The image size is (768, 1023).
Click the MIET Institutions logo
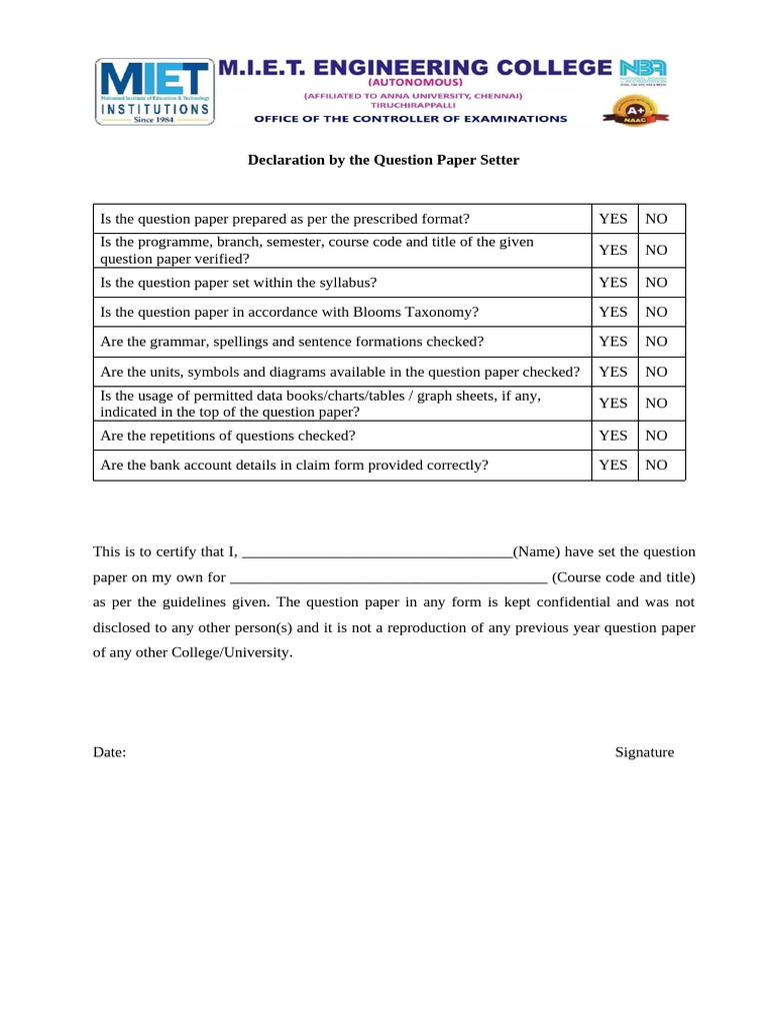click(x=155, y=91)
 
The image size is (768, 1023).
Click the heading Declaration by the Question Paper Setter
click(x=384, y=160)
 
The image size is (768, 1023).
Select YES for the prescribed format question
click(x=613, y=219)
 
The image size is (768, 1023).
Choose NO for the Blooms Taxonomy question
click(x=656, y=312)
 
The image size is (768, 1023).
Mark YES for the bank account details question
click(x=613, y=465)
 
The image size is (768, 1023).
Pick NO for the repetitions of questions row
click(x=656, y=435)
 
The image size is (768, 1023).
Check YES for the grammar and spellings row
click(x=613, y=342)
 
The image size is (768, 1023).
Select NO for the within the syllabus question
click(x=656, y=283)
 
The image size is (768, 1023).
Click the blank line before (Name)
click(x=377, y=552)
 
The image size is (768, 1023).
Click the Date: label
click(x=110, y=752)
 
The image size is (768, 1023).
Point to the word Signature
click(x=644, y=752)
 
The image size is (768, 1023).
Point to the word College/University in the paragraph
click(x=231, y=652)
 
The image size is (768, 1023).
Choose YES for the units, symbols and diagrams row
click(x=613, y=372)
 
